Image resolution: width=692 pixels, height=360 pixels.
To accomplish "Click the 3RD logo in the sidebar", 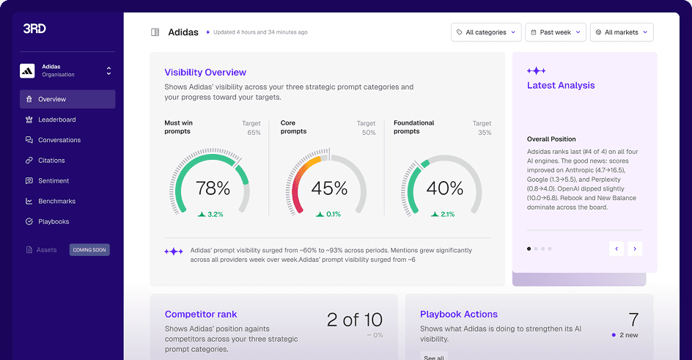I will pos(34,29).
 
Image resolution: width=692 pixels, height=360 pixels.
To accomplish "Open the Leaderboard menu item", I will pos(56,120).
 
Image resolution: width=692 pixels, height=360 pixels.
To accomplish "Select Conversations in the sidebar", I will pos(59,140).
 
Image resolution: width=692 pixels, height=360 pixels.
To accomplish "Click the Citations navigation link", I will pos(51,161).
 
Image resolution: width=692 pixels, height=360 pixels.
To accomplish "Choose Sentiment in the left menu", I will pos(54,181).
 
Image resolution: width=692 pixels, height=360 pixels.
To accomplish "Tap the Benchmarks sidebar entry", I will pos(56,201).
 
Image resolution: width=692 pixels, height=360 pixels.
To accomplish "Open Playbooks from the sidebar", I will pos(54,221).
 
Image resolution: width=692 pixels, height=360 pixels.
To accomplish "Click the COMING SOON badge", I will pos(89,250).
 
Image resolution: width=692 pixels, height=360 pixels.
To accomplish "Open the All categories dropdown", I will pos(485,32).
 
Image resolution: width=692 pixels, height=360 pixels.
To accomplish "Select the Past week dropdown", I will pos(556,32).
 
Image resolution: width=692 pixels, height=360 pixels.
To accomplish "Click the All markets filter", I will pos(621,32).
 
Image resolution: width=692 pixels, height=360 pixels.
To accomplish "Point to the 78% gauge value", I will pos(213,189).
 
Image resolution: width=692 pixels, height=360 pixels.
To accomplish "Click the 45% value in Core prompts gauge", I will pos(328,189).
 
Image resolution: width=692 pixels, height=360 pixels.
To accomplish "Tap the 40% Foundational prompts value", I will pos(444,189).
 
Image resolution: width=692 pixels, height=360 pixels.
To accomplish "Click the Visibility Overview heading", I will pos(205,73).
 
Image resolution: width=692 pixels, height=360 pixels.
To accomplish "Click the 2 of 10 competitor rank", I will pos(354,320).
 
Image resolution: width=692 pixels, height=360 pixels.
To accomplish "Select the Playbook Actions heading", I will pos(459,315).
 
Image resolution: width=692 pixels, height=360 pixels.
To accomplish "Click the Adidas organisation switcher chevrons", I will pos(108,71).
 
